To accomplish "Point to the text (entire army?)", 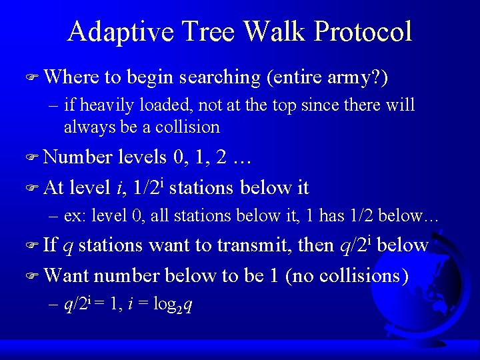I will coord(327,77).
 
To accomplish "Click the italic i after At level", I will coord(118,188).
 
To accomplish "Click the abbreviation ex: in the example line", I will coord(75,216).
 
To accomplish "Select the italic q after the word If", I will coord(67,247).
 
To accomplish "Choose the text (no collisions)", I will coord(347,275).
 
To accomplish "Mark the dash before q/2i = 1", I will coord(54,305).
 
